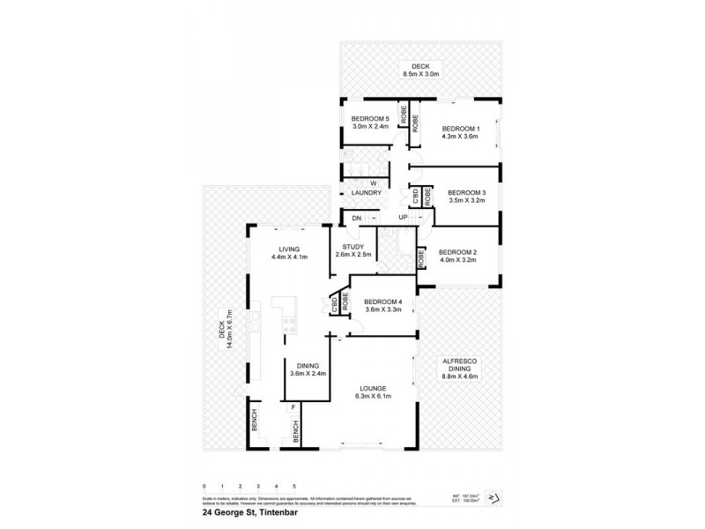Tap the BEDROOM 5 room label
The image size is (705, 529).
(369, 118)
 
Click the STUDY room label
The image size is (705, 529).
(353, 248)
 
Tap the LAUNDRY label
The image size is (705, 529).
(366, 192)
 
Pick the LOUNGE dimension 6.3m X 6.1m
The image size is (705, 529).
(375, 397)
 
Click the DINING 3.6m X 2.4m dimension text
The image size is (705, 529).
(308, 373)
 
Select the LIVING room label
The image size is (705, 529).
(289, 249)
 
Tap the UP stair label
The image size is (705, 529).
(403, 217)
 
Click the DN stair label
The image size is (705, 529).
(356, 217)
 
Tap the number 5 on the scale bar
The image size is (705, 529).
(294, 486)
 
